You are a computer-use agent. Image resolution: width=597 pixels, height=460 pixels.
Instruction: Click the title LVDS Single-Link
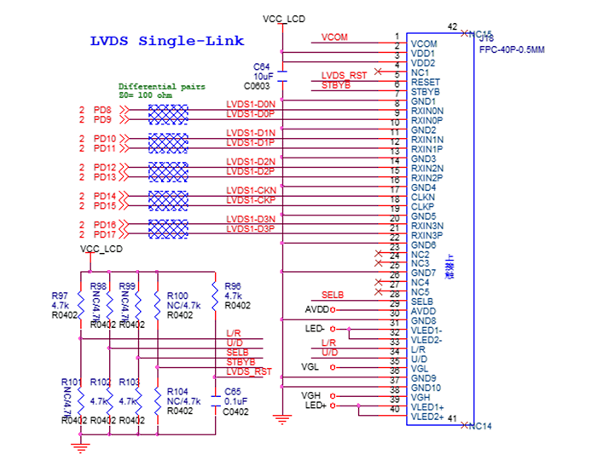(167, 41)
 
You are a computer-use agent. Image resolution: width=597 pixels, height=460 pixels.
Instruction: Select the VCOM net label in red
(334, 37)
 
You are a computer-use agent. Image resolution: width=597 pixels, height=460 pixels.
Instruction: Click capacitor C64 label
(261, 66)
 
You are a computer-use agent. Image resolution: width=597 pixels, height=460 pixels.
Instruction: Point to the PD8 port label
(102, 111)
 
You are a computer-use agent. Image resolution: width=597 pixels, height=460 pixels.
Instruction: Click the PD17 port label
(105, 234)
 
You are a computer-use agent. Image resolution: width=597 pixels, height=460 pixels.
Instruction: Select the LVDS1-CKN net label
(250, 190)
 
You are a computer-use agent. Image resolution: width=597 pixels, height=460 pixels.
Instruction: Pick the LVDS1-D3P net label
(250, 228)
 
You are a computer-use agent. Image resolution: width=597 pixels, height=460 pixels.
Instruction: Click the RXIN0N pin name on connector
(426, 111)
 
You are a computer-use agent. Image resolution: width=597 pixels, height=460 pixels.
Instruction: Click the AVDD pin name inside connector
(423, 312)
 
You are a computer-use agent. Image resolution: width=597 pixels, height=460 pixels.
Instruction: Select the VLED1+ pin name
(426, 407)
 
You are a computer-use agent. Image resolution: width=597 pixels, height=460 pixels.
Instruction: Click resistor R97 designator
(60, 296)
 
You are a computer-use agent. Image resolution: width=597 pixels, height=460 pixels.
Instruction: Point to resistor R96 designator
(232, 286)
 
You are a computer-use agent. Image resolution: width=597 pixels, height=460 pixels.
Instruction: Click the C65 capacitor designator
(233, 391)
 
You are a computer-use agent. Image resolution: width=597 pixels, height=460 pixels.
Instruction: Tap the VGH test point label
(310, 396)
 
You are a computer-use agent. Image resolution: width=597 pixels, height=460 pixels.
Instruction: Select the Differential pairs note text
(161, 87)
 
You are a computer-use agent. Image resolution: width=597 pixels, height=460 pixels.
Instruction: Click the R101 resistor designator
(71, 382)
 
